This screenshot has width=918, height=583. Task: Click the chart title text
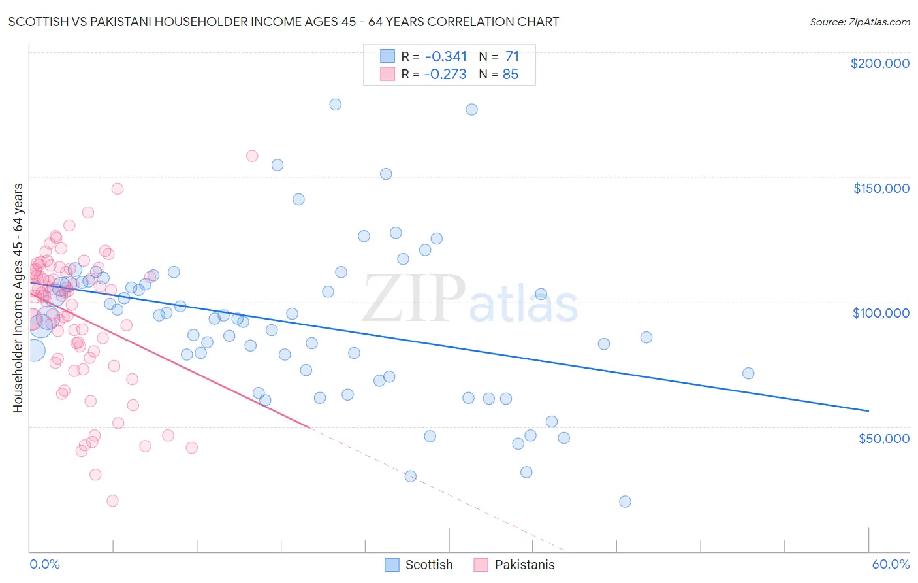click(283, 22)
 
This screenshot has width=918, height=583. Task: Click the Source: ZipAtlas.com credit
click(859, 22)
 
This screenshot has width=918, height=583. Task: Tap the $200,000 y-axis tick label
click(879, 63)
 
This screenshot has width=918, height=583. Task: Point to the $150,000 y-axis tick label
click(881, 188)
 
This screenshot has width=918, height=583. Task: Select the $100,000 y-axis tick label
click(881, 313)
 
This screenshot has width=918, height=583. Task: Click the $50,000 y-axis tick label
click(883, 439)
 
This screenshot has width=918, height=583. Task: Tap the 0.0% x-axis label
click(44, 564)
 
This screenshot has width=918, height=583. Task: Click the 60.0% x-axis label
click(890, 564)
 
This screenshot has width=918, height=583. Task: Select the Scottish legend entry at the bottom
click(419, 565)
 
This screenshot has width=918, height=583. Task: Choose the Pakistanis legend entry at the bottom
click(514, 565)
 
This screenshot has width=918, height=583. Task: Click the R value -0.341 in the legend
click(445, 57)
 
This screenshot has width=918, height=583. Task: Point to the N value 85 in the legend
click(510, 75)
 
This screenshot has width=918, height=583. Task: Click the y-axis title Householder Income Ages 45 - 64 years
click(18, 298)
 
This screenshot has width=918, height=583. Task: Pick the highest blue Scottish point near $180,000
click(336, 105)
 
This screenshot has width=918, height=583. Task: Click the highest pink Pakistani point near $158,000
click(252, 156)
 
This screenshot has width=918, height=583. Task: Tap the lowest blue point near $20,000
click(625, 502)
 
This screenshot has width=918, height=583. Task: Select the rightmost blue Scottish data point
click(748, 373)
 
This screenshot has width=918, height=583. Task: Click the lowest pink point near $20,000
click(112, 501)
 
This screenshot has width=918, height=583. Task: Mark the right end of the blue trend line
click(868, 410)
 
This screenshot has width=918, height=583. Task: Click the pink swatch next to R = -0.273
click(388, 74)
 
